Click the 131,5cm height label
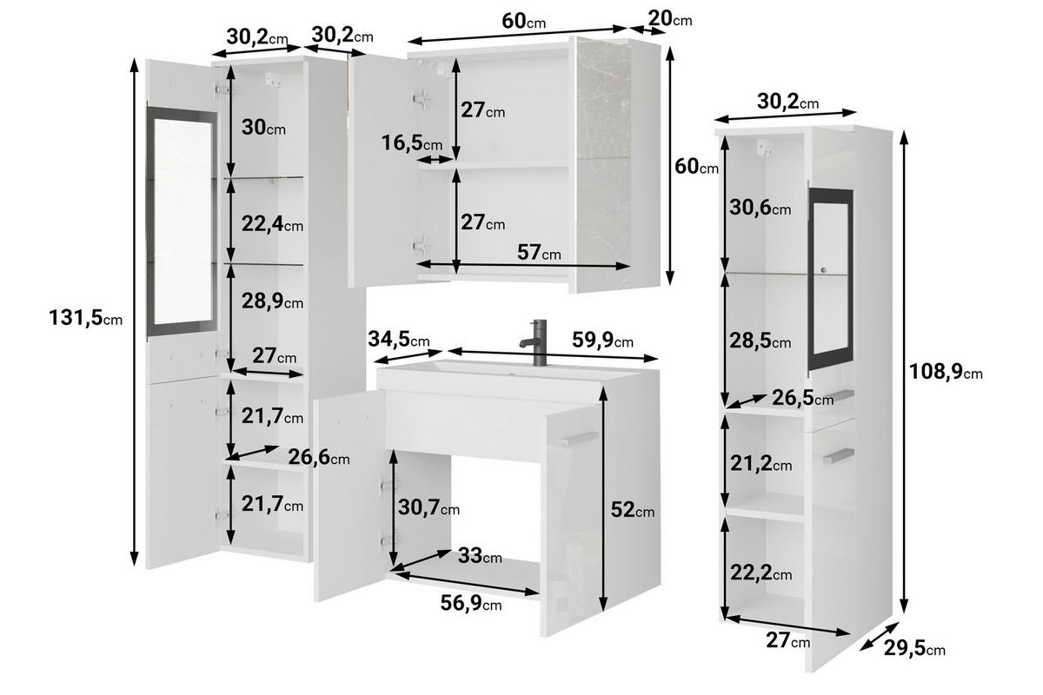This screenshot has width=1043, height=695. [x=85, y=319]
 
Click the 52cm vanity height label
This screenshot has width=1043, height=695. [x=631, y=510]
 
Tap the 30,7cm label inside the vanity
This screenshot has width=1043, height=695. [x=428, y=507]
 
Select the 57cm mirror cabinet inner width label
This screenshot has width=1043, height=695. [x=539, y=253]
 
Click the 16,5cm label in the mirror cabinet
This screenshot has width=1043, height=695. [x=411, y=143]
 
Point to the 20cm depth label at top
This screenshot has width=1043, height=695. [x=670, y=18]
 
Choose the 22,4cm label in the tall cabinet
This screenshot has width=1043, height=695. [x=271, y=225]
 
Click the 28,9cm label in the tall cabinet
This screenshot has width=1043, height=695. [x=271, y=301]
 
